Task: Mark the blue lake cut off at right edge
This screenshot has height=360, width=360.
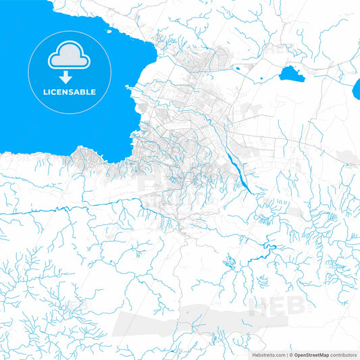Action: click(357, 87)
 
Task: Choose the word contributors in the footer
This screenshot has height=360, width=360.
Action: click(344, 354)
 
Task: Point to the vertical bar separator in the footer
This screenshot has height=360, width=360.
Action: click(288, 354)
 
